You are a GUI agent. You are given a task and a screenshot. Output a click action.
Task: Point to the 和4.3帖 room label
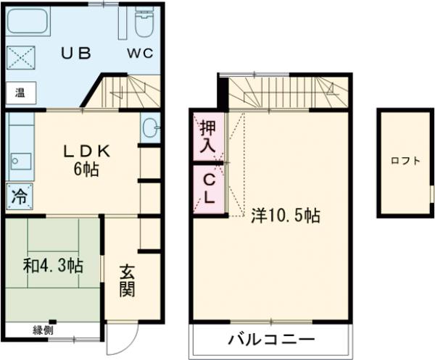[x=52, y=266]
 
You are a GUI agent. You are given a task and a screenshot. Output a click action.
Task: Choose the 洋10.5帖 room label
[x=286, y=215]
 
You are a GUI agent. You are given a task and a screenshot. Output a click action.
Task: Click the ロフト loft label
[x=405, y=161]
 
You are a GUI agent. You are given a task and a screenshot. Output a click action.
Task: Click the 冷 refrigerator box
[x=18, y=196]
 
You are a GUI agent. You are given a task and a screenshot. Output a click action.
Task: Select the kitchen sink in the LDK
[x=20, y=161]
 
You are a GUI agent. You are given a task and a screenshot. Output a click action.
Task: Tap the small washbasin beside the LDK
[x=150, y=129]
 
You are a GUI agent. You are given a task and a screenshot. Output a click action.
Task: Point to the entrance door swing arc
[x=120, y=340]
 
